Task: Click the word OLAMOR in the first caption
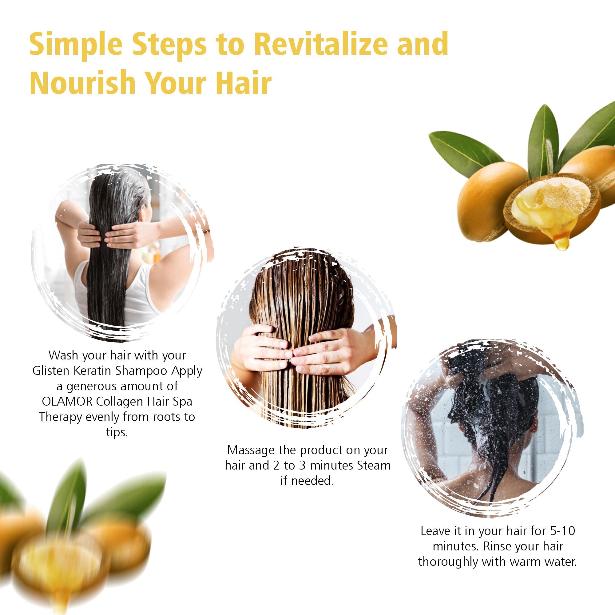67,401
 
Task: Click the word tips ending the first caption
117,432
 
